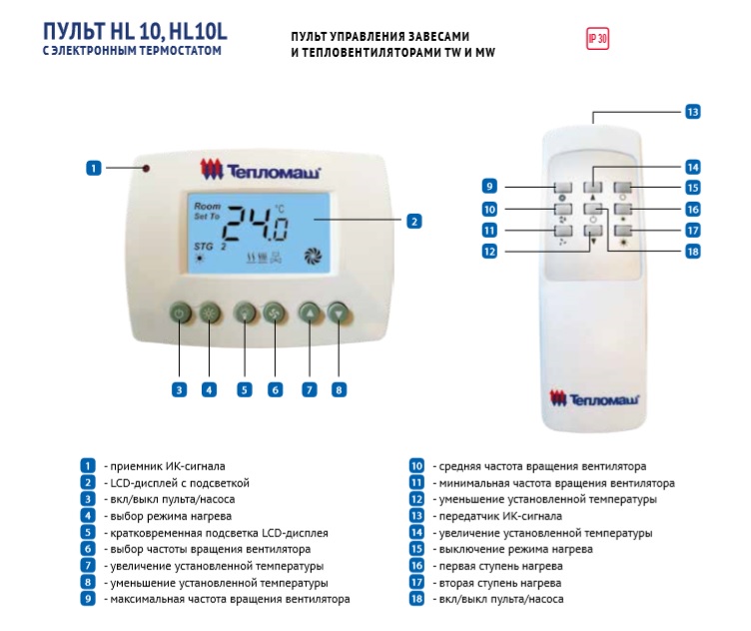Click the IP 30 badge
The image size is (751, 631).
coord(598,39)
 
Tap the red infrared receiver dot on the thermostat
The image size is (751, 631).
coord(146,169)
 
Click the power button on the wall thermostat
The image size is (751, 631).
coord(180,314)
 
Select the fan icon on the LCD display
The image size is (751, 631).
coord(314,257)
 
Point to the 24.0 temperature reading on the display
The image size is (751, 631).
coord(256,224)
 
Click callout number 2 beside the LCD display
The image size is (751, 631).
coord(414,222)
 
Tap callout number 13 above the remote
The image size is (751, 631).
coord(692,112)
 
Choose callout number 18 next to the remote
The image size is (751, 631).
coord(692,252)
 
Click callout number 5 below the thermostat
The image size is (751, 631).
coord(245,389)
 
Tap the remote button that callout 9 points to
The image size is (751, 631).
coord(563,187)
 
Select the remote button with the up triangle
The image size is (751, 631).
coord(593,187)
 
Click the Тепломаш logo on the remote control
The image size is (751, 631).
coord(593,399)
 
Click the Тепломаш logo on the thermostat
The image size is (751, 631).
coord(260,170)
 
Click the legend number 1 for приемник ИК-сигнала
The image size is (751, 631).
coord(88,466)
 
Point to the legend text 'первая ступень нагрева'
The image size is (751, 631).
coord(501,566)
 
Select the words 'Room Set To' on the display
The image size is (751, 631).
coord(207,211)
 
